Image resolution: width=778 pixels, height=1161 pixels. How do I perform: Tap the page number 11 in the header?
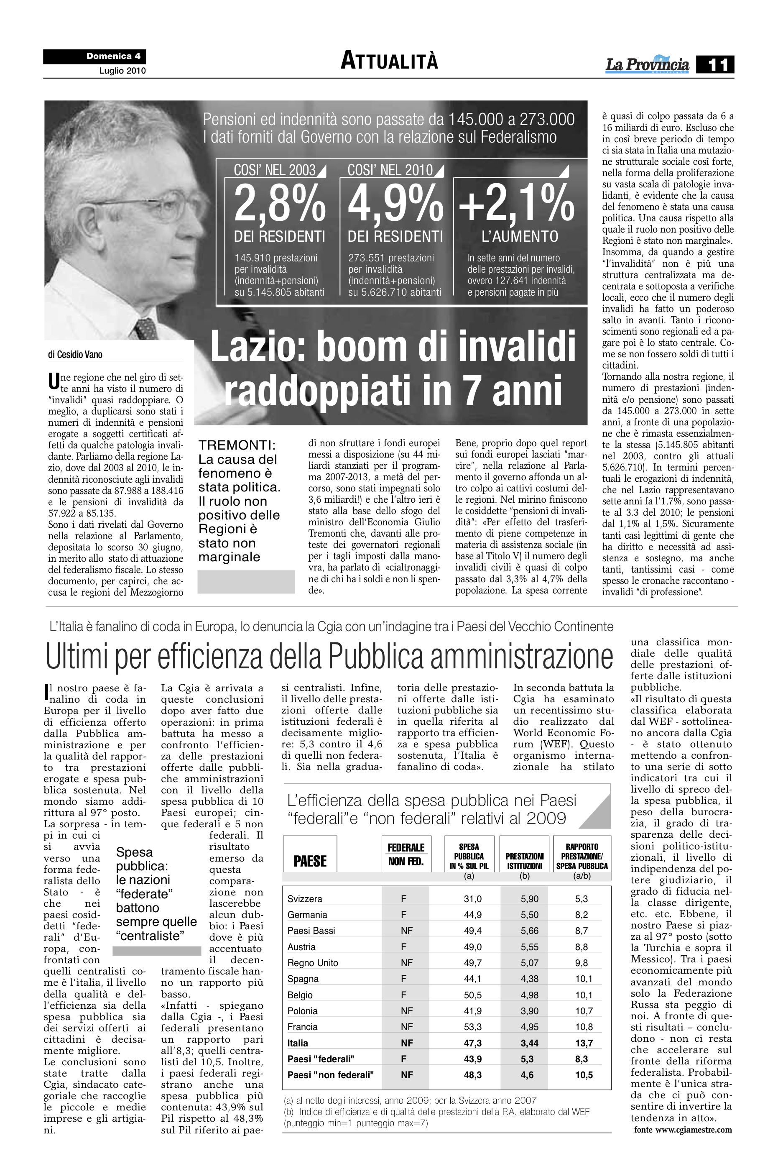click(x=714, y=64)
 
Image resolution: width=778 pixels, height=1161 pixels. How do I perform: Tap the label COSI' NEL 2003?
click(x=275, y=170)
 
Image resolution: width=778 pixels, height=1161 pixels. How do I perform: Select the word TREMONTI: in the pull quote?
click(x=237, y=445)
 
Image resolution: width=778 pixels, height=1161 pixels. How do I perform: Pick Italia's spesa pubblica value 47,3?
click(x=472, y=1043)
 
